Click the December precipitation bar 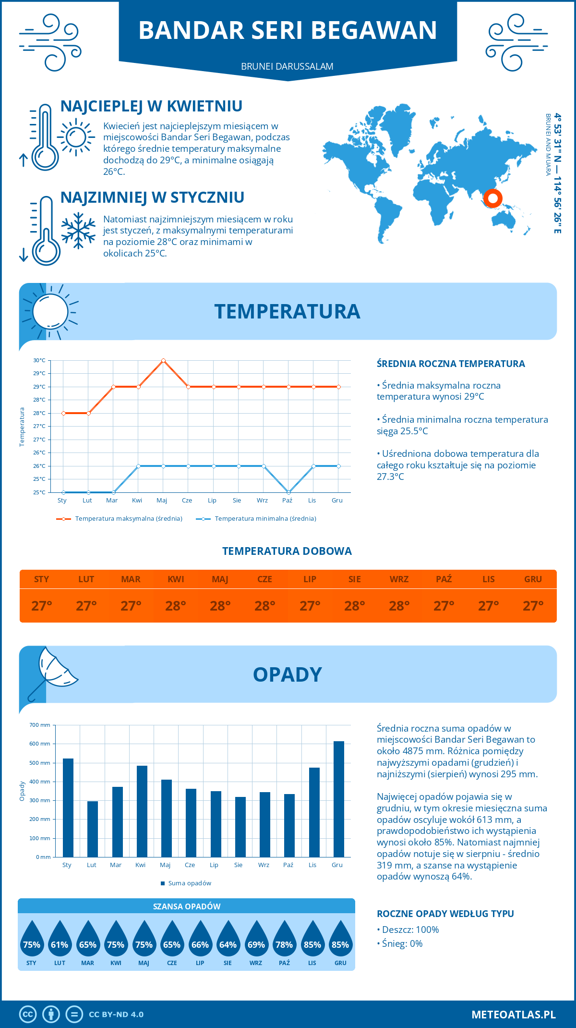pyautogui.click(x=339, y=799)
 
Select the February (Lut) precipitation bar pyautogui.click(x=93, y=829)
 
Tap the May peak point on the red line pyautogui.click(x=163, y=360)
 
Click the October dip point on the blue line pyautogui.click(x=288, y=492)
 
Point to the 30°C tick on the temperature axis pyautogui.click(x=39, y=360)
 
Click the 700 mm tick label pyautogui.click(x=40, y=725)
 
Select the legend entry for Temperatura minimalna pyautogui.click(x=257, y=519)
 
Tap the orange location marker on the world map pyautogui.click(x=492, y=198)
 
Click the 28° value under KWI pyautogui.click(x=176, y=606)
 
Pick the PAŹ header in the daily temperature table pyautogui.click(x=444, y=579)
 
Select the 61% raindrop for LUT pyautogui.click(x=60, y=941)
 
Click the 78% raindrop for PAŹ pyautogui.click(x=284, y=941)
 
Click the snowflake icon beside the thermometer pyautogui.click(x=78, y=231)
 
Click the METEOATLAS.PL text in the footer pyautogui.click(x=513, y=1015)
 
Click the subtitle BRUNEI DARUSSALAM pyautogui.click(x=287, y=66)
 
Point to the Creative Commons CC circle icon pyautogui.click(x=28, y=1015)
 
